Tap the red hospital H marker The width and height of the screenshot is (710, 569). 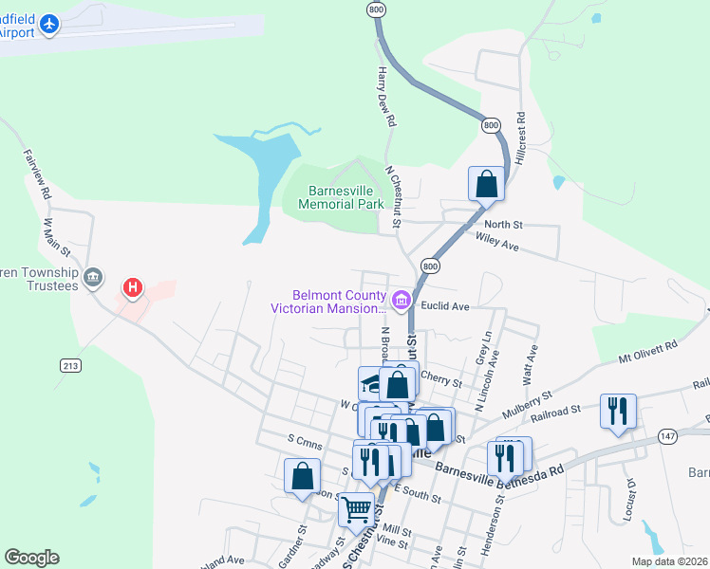point(133,286)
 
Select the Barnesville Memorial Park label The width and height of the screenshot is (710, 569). point(340,196)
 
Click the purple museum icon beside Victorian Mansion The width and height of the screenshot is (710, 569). point(401,302)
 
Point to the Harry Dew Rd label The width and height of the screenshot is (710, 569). point(385,97)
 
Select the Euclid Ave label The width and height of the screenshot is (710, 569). point(446,306)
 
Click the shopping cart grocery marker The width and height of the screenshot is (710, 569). point(357,508)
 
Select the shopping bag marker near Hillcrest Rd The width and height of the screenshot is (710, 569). point(486,183)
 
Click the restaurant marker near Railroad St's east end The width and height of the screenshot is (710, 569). point(617,411)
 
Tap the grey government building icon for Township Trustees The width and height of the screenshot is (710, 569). point(93,277)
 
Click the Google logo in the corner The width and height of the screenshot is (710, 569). point(31,558)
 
